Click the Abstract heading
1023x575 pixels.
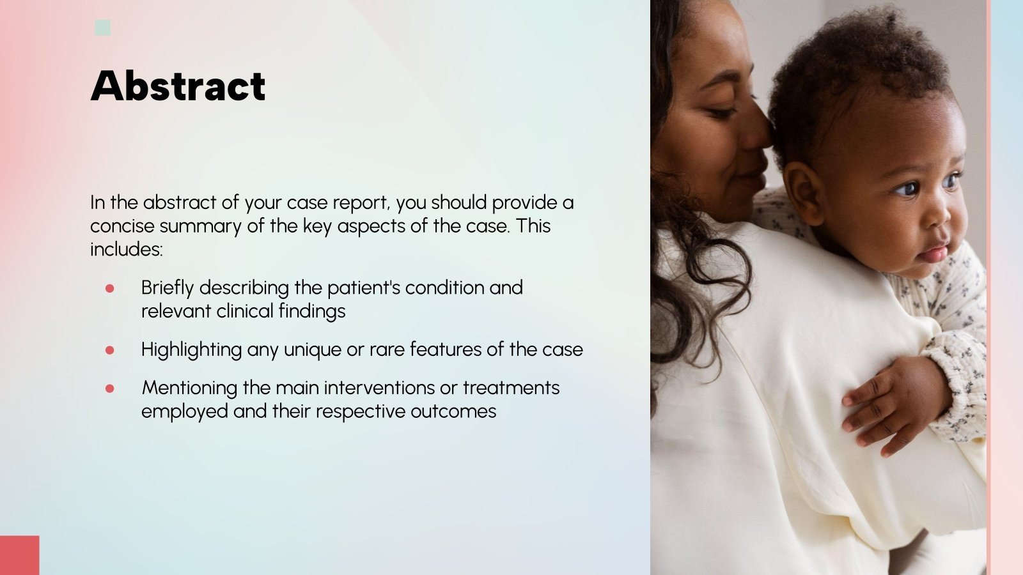[x=178, y=86]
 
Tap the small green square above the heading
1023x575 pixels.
[x=102, y=27]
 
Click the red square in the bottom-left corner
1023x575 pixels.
[x=19, y=555]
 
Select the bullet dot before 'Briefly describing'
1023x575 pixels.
[x=109, y=289]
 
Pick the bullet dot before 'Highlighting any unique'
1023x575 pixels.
[x=109, y=350]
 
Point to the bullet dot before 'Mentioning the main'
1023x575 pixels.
[x=109, y=388]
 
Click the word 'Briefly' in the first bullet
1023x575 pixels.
[x=167, y=288]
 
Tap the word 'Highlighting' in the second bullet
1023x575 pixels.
[x=191, y=350]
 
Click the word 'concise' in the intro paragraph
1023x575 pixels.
[x=122, y=226]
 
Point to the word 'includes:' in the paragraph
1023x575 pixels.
[x=127, y=249]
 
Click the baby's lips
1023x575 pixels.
[x=934, y=252]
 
